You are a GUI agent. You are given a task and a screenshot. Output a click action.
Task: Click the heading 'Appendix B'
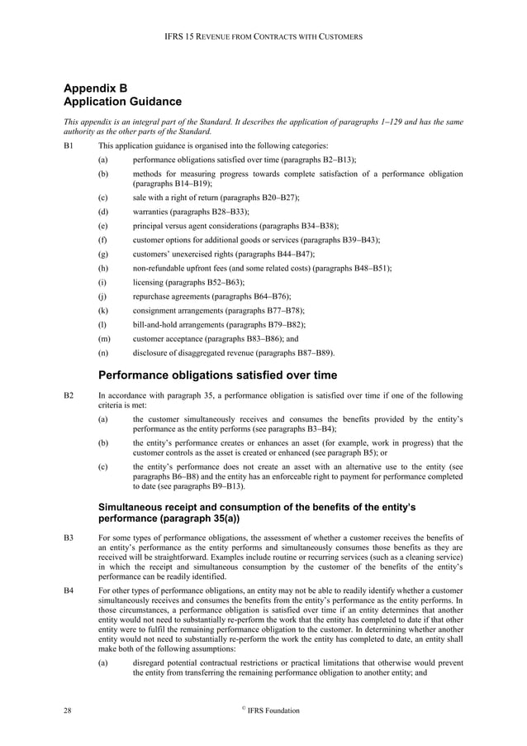(x=96, y=88)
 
